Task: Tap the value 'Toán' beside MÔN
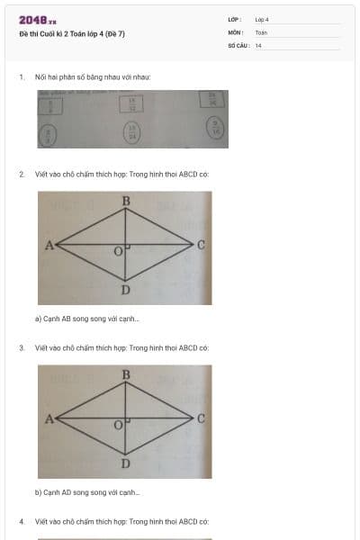pyautogui.click(x=261, y=31)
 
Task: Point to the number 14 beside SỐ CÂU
pyautogui.click(x=258, y=44)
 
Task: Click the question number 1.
pyautogui.click(x=21, y=76)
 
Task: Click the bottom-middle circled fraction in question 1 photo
pyautogui.click(x=132, y=133)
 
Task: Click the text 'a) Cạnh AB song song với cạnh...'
pyautogui.click(x=87, y=319)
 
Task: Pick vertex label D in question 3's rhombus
pyautogui.click(x=125, y=463)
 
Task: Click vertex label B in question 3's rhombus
pyautogui.click(x=125, y=374)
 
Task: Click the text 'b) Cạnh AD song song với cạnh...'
pyautogui.click(x=87, y=492)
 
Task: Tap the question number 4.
pyautogui.click(x=21, y=521)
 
